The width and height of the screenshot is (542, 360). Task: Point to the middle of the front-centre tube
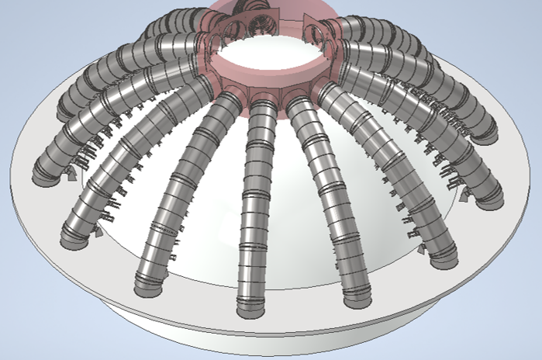tap(256, 202)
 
